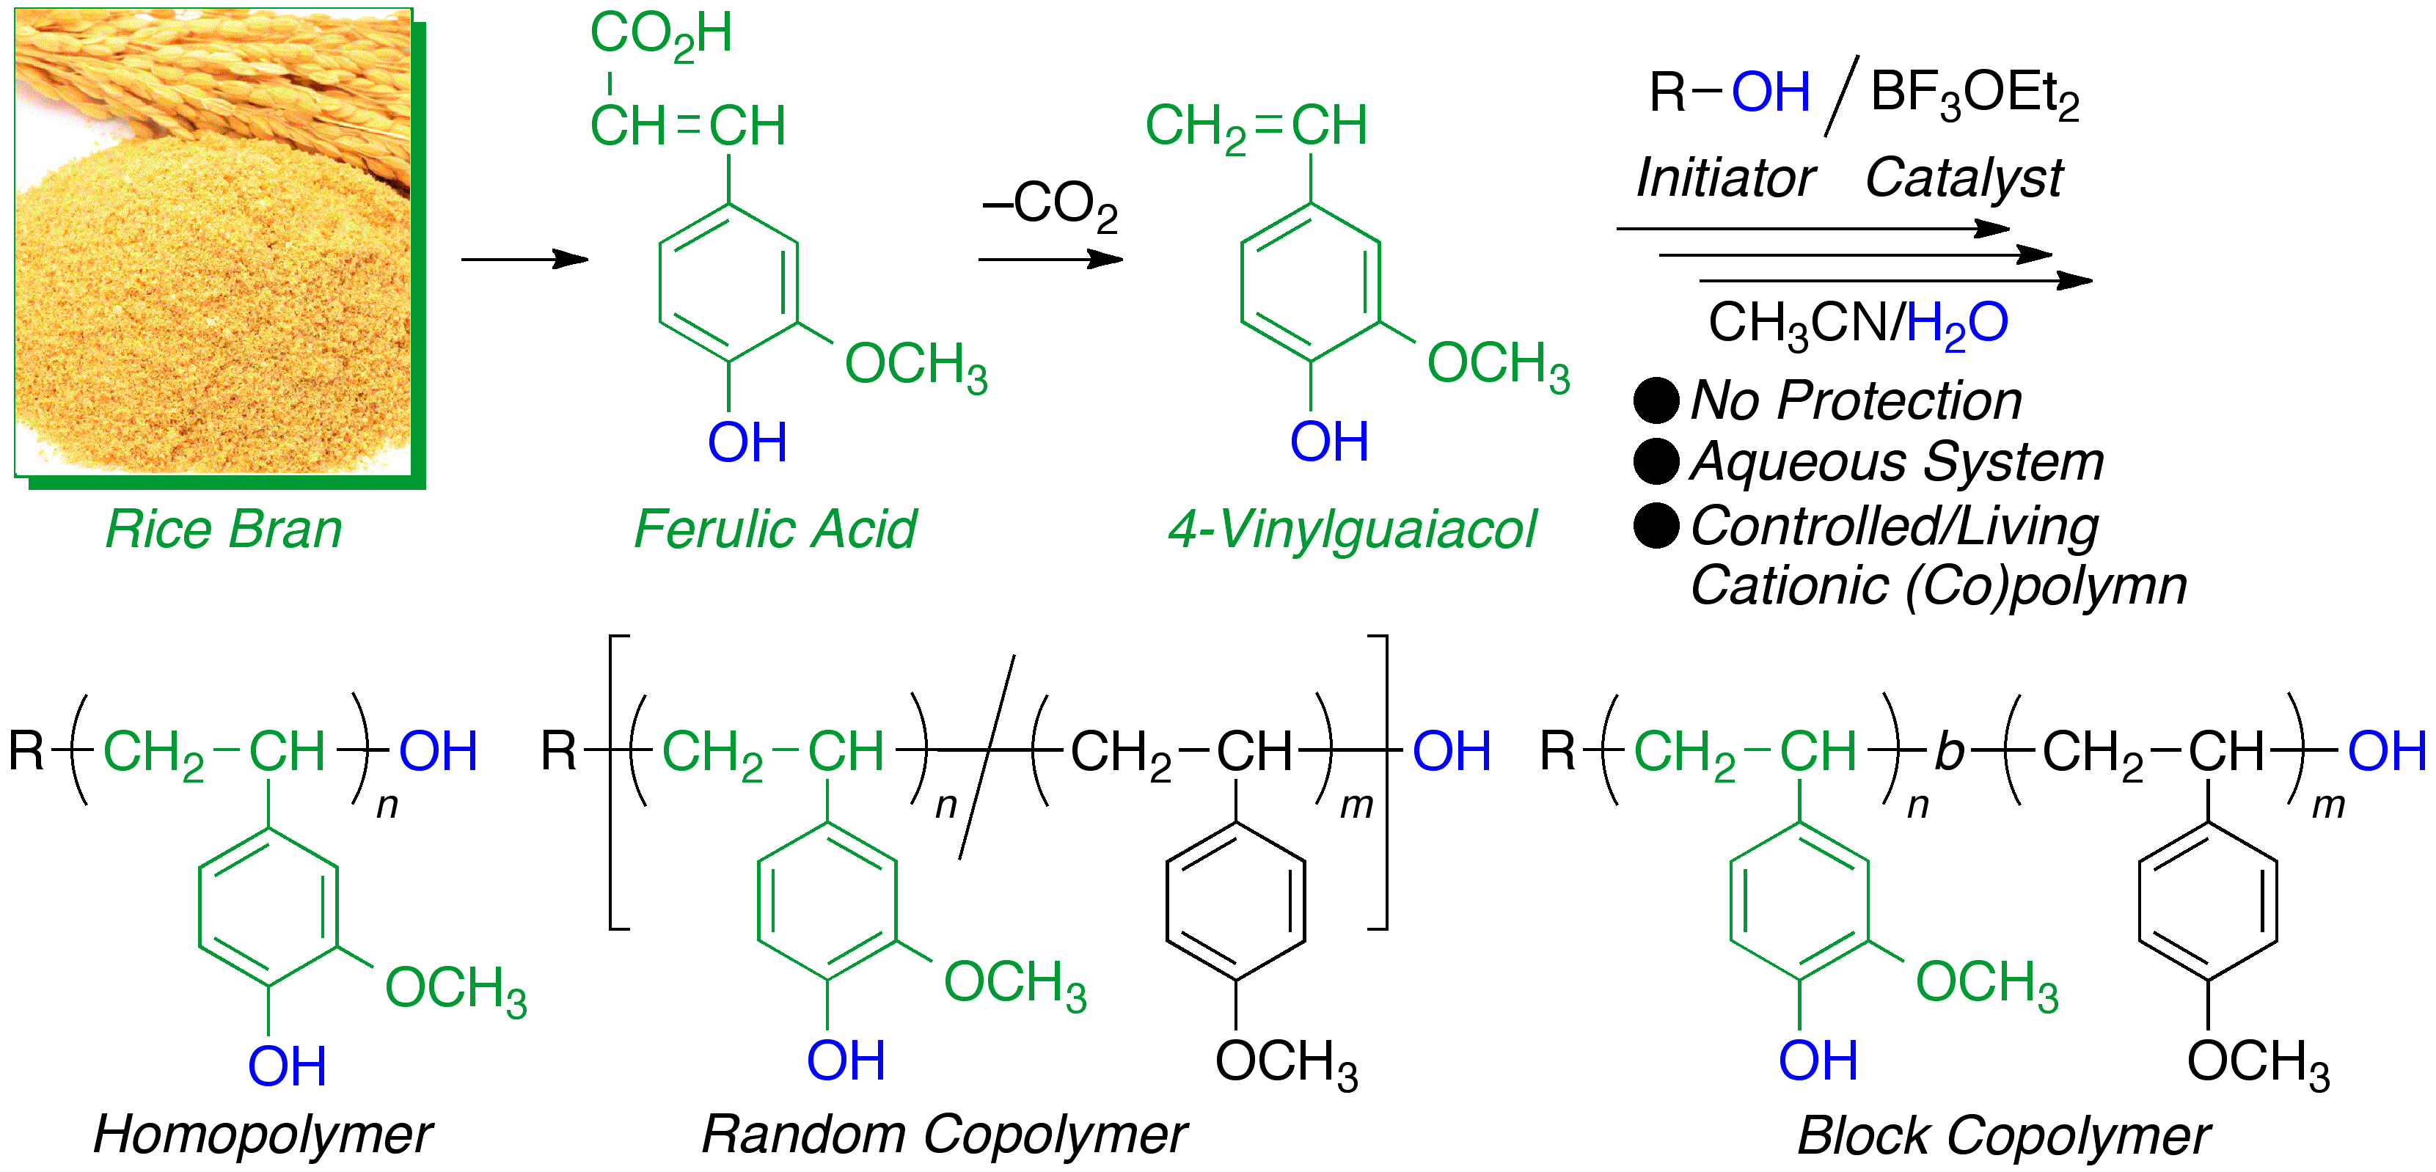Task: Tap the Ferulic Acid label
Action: click(775, 530)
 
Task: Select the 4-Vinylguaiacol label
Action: click(1353, 530)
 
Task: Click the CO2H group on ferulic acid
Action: click(661, 36)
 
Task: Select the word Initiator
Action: click(1725, 177)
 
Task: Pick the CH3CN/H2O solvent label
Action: click(1857, 324)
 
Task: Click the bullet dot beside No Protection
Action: click(1656, 400)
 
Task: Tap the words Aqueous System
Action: click(1897, 462)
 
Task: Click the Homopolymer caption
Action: click(262, 1134)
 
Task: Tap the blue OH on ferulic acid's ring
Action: click(747, 442)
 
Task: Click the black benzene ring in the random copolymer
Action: click(1236, 901)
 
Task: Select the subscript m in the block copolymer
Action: click(2328, 805)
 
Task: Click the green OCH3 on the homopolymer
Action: click(455, 989)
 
